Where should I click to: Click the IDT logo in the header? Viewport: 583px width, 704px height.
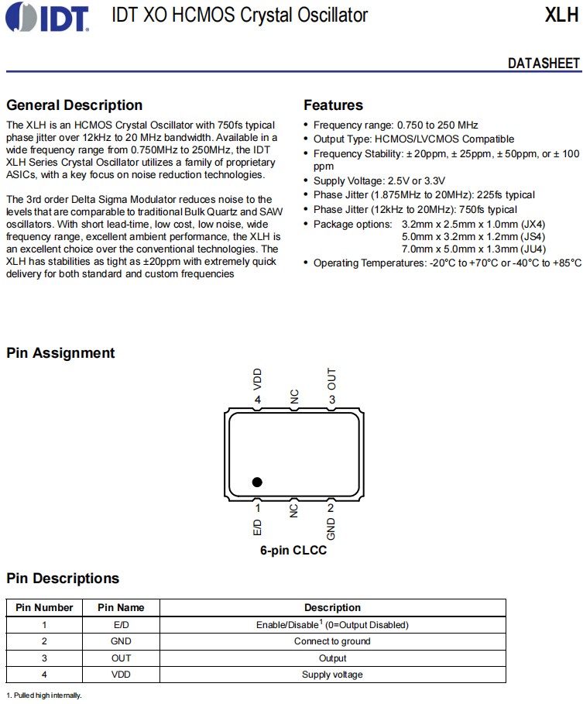point(46,16)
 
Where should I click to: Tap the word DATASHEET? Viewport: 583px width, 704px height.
point(544,64)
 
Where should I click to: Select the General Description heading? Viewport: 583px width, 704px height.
point(74,105)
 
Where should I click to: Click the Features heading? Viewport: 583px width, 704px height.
point(333,105)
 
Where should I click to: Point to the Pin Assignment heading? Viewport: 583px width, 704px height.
point(60,353)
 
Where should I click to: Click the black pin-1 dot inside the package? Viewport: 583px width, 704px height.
point(257,482)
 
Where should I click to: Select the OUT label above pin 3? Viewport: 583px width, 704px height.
point(331,379)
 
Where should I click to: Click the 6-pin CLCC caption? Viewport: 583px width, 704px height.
point(293,551)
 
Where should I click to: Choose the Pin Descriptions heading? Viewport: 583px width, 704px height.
point(63,579)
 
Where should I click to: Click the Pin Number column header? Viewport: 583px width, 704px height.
point(44,608)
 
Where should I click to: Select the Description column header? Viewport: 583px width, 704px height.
point(332,608)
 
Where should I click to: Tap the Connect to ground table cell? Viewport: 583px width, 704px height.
point(332,641)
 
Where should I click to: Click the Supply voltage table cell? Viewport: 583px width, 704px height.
point(332,675)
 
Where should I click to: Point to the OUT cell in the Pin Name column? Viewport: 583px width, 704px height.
point(121,658)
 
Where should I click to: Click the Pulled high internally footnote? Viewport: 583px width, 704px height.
point(44,695)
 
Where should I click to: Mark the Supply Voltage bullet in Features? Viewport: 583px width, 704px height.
point(379,180)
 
